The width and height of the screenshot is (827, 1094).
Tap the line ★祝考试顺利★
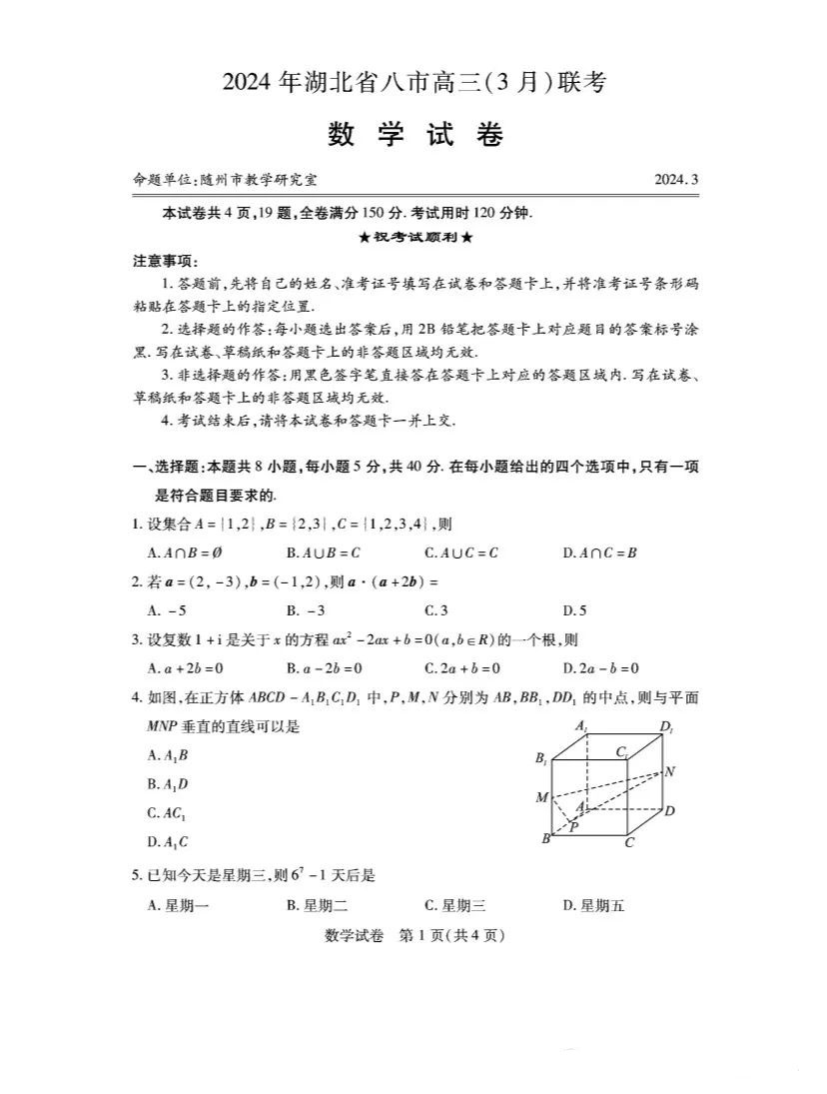[x=413, y=237]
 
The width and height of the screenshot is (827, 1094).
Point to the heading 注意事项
[x=160, y=260]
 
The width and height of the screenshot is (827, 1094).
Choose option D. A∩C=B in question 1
[x=599, y=551]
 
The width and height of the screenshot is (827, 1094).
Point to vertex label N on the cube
[x=669, y=771]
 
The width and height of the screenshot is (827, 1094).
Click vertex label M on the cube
[x=542, y=797]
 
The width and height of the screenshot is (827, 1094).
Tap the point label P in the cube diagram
[x=573, y=826]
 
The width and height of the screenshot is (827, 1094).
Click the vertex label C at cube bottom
[x=629, y=842]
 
